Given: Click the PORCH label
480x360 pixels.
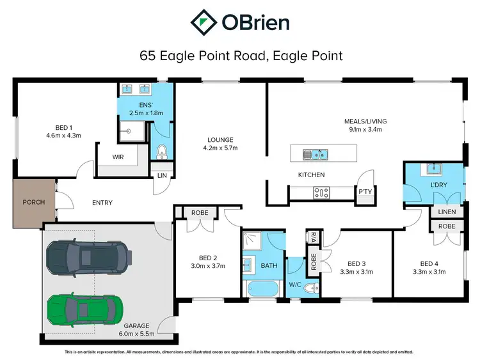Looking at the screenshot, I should coord(34,203).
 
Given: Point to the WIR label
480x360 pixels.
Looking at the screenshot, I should coord(117,157).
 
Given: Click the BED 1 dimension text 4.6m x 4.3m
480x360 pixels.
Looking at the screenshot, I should coord(63,136).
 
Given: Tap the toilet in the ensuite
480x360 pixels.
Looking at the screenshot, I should coord(161,152).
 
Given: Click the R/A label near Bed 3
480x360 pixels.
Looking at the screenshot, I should coord(314,237).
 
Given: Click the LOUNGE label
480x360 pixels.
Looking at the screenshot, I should coord(220,139).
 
